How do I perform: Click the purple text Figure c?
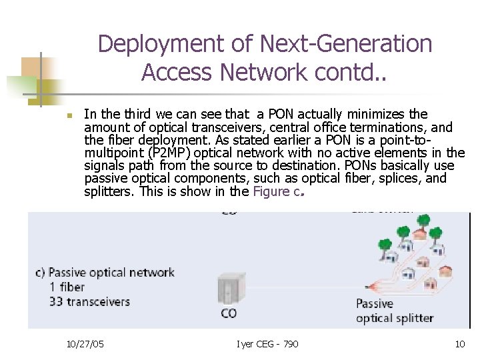tap(278, 191)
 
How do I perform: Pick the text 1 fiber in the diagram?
tap(67, 287)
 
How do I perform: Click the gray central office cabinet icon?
tap(228, 291)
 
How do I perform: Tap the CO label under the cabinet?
tap(228, 313)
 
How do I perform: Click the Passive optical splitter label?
tap(394, 311)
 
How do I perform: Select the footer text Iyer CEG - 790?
tap(267, 344)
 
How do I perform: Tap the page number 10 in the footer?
tap(459, 344)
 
